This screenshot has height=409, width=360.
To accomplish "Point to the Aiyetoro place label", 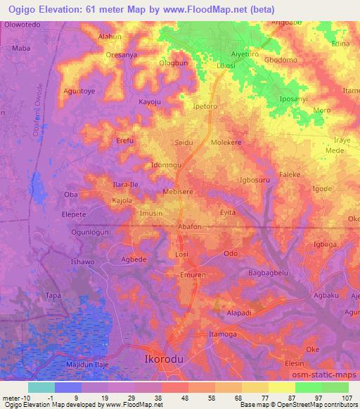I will click(246, 53).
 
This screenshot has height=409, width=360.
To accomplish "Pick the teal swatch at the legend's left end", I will click(41, 387).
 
